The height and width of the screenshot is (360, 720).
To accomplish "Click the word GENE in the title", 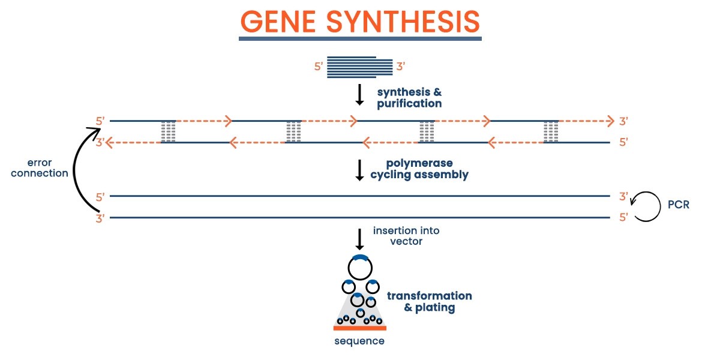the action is [278, 21].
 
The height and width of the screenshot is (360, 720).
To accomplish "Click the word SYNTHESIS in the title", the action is [403, 21].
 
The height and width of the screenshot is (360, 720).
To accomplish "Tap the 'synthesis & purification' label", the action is [409, 98].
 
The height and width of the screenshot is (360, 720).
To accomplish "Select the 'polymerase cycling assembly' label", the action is [419, 169].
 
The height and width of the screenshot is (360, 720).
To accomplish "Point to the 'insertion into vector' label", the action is [406, 236].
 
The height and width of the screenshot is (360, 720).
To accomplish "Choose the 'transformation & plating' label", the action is [430, 301].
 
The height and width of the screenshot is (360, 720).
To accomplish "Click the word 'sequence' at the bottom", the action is [359, 341].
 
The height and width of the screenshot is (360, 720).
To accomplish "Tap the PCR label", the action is [679, 205].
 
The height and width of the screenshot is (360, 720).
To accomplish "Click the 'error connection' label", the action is [40, 168].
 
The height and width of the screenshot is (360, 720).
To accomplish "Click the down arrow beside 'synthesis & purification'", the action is [359, 95].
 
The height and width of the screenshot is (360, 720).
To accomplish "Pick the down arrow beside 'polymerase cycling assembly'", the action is [359, 170].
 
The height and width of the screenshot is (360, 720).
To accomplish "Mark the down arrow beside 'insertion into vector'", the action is [359, 239].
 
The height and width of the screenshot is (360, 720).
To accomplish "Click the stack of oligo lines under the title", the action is [359, 67].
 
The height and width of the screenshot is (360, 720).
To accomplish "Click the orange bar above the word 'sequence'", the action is [359, 328].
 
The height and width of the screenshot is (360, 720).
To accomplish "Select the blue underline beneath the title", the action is [360, 39].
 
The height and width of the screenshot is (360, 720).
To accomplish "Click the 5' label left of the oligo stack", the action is [318, 67].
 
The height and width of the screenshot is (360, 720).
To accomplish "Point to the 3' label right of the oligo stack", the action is [401, 67].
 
